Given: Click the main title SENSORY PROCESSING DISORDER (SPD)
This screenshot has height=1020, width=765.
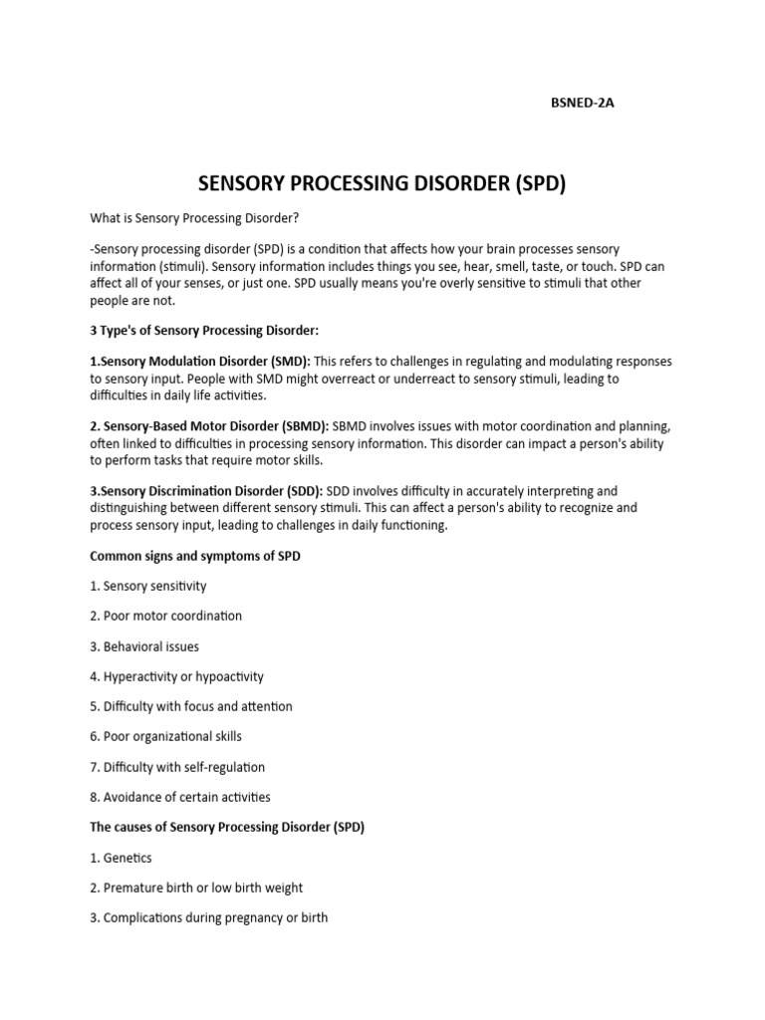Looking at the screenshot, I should (382, 184).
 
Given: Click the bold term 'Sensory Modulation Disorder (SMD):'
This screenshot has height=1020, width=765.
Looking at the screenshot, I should (200, 361).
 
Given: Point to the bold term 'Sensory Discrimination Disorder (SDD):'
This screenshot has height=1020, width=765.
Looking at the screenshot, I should (206, 490).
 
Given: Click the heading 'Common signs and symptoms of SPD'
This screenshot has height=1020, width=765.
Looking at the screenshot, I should (195, 556).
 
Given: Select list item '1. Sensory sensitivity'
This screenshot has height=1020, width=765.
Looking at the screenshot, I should (148, 586).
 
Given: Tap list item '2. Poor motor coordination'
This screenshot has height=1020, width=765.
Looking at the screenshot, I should (165, 616).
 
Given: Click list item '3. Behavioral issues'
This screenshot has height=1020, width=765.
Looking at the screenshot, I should (144, 646).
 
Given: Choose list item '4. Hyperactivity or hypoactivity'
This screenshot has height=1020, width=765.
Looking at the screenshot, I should (176, 676).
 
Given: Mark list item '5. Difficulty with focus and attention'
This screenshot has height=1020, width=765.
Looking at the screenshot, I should (191, 706).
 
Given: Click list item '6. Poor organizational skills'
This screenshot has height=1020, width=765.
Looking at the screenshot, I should (165, 736).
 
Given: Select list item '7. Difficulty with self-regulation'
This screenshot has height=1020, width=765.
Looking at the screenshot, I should (177, 767).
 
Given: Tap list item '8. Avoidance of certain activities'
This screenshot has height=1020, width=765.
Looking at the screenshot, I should (179, 797).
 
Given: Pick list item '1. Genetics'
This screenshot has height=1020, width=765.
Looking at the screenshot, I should (122, 858).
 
